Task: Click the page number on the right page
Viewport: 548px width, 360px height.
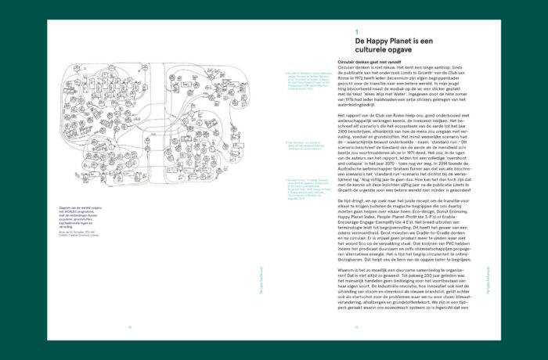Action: coord(356,328)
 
